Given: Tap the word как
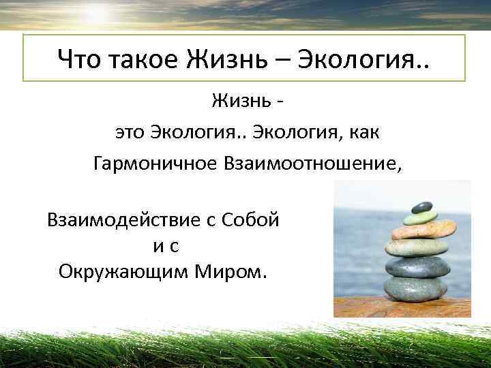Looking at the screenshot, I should pos(361,133).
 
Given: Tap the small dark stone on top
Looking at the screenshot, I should pos(422,206).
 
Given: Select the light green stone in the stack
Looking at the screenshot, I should pos(420,218).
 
